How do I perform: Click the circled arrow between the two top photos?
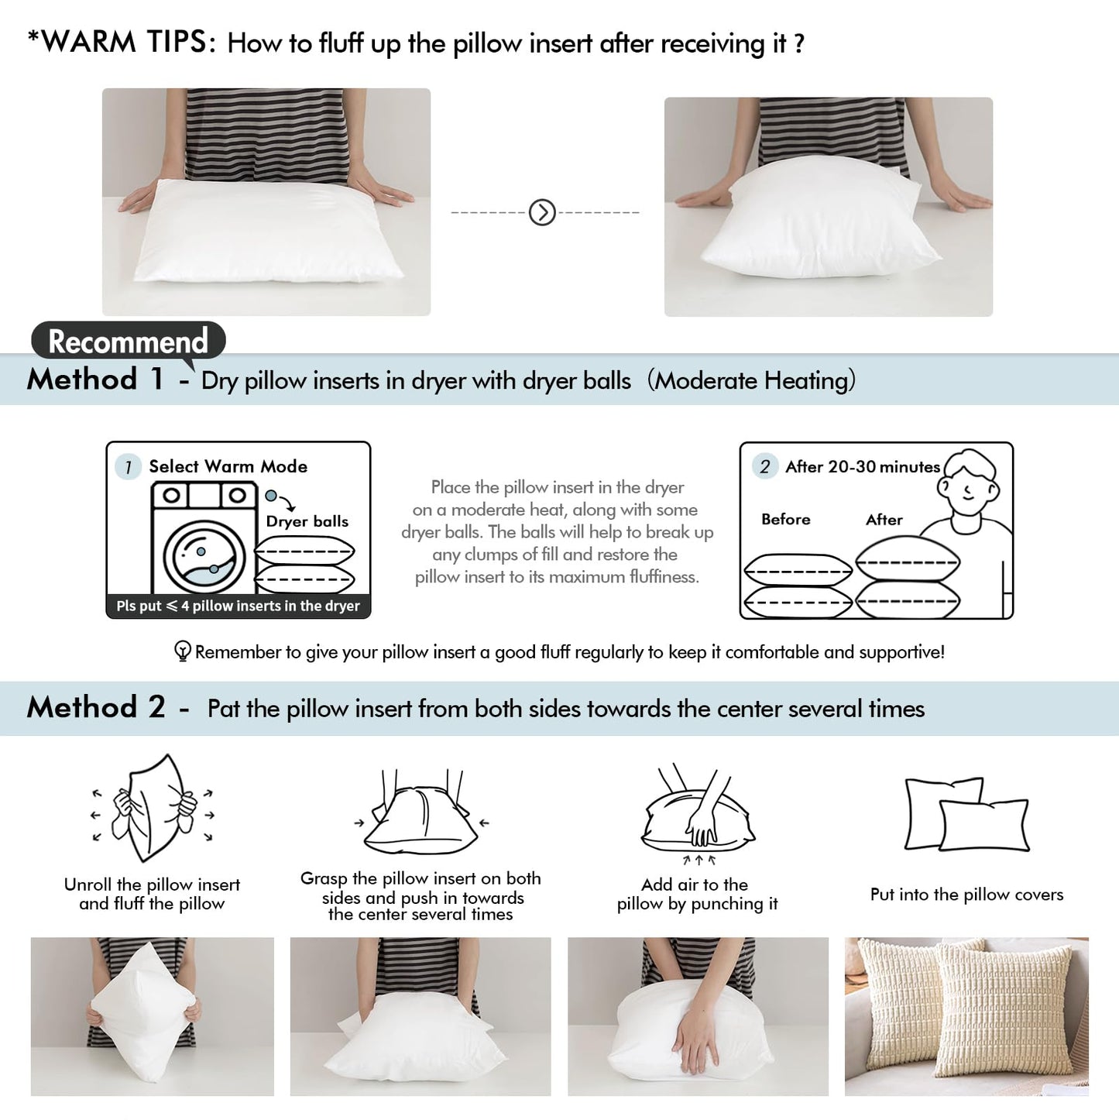pos(542,211)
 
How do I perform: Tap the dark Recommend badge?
pos(129,341)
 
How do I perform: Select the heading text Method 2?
pos(95,707)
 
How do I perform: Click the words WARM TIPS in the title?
pos(123,42)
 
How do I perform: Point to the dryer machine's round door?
pos(204,556)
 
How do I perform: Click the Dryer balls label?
pos(307,521)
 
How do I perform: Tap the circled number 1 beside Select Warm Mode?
pos(128,467)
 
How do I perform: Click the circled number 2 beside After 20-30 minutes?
pos(765,466)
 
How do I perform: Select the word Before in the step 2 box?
pos(785,519)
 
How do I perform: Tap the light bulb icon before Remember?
pos(183,651)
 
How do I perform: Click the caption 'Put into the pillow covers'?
pos(966,895)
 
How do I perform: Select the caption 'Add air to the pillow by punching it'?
pos(697,894)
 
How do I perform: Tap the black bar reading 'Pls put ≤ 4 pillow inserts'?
pos(238,606)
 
